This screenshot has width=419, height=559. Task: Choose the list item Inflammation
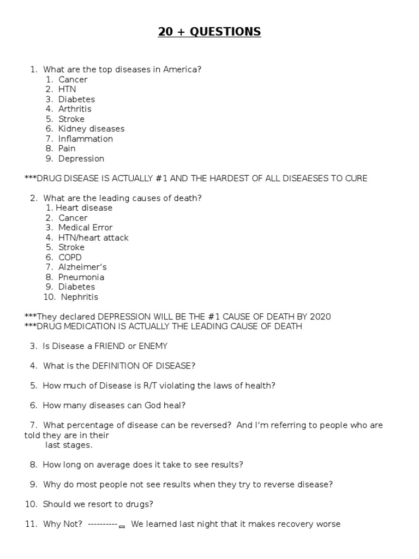(x=86, y=139)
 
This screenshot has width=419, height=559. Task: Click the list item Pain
(x=67, y=148)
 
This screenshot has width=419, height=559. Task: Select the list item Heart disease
(x=84, y=207)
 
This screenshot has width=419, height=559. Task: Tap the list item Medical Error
(x=85, y=228)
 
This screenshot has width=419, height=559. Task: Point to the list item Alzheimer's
(x=82, y=267)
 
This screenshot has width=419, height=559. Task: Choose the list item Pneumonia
(x=81, y=277)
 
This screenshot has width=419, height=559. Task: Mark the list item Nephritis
(x=80, y=297)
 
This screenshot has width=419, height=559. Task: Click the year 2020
(x=320, y=317)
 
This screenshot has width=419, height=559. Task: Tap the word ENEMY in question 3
(x=153, y=346)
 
